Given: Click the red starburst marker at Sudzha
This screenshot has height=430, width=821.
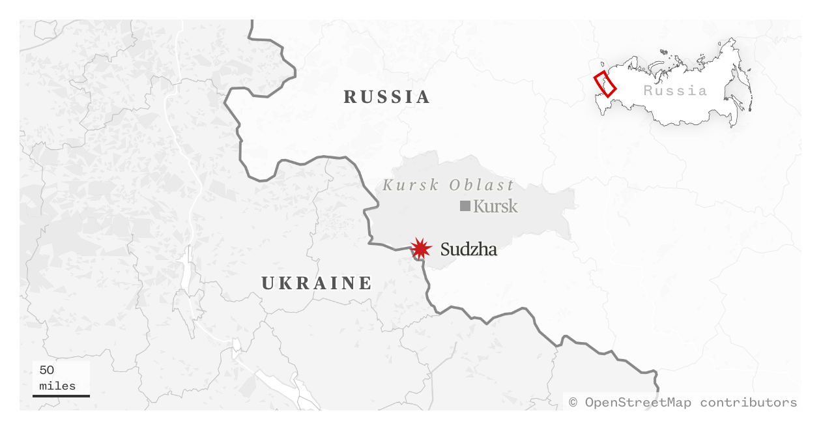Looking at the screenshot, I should click(421, 248).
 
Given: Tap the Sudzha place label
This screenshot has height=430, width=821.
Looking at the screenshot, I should click(468, 249).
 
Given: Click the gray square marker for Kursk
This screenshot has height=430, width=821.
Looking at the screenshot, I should click(465, 206).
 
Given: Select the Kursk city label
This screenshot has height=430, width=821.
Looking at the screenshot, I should click(495, 207).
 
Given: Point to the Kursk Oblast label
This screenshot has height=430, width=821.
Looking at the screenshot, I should click(448, 185).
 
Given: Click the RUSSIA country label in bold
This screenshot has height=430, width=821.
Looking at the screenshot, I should click(387, 97).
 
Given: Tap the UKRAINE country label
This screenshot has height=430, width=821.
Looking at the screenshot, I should click(317, 283).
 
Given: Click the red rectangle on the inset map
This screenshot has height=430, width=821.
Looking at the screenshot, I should click(605, 83).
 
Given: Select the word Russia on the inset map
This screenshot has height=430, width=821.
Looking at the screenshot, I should click(675, 91).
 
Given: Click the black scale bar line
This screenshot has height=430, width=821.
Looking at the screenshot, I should click(61, 395).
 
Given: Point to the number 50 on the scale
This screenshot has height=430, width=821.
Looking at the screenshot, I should click(47, 370).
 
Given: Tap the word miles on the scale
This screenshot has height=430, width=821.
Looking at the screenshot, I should click(57, 386).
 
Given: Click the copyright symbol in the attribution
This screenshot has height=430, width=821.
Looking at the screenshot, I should click(573, 402).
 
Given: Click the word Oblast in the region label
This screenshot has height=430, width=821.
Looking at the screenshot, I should click(482, 185).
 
